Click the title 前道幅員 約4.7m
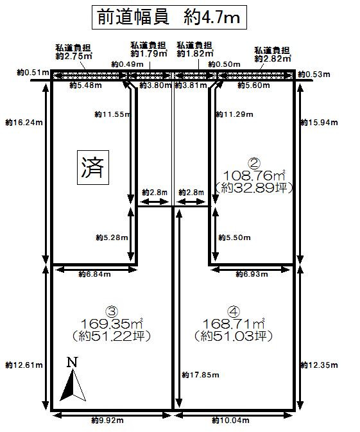(169, 17)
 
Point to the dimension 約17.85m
(198, 374)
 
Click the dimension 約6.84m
(94, 274)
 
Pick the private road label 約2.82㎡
(273, 58)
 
